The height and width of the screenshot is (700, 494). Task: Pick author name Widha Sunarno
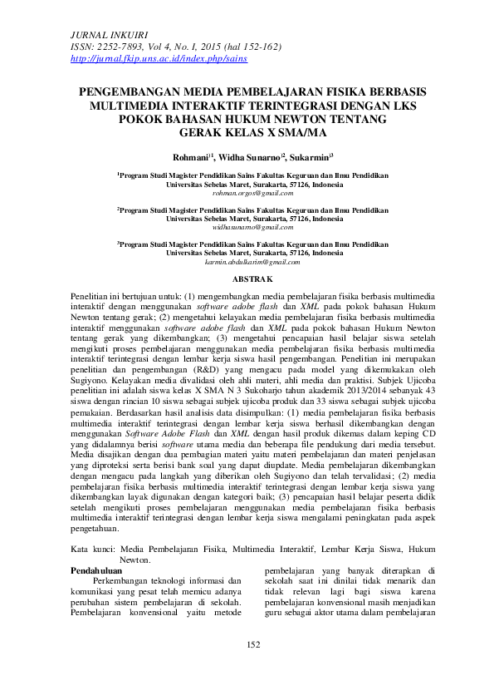(x=250, y=155)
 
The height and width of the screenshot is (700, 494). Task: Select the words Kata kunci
(x=91, y=549)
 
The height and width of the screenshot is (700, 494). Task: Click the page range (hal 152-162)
(x=254, y=48)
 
